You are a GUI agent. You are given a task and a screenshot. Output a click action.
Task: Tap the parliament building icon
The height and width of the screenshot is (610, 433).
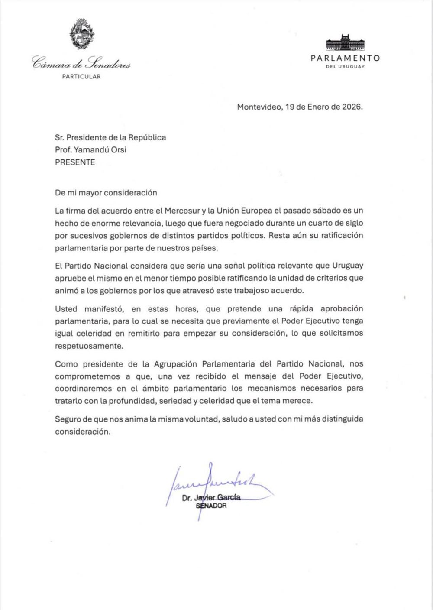(x=345, y=43)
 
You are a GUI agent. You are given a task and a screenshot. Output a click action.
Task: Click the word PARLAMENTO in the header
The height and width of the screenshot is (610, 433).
(x=345, y=58)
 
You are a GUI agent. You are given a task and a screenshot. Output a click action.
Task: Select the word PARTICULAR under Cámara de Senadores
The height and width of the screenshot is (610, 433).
(x=81, y=77)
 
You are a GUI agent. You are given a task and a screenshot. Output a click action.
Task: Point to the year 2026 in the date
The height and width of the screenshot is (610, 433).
(x=352, y=107)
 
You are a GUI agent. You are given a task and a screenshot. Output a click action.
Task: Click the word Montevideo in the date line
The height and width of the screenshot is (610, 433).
(x=258, y=107)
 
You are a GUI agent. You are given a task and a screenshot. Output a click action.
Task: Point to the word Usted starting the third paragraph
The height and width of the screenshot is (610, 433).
(x=66, y=309)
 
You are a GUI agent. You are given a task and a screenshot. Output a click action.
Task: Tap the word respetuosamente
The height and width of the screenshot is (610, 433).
(x=89, y=346)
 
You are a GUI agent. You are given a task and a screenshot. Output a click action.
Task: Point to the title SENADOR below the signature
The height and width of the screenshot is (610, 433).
(x=211, y=506)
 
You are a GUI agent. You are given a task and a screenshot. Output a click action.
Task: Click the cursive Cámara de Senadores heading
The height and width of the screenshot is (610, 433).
(x=81, y=64)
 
